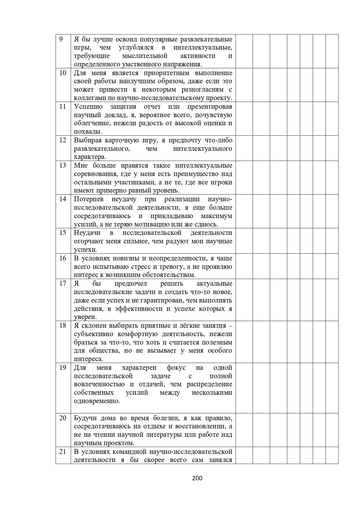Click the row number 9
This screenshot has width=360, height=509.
[61, 39]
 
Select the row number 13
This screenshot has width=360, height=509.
[63, 166]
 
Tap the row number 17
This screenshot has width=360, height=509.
[63, 284]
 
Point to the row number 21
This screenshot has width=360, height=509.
[63, 452]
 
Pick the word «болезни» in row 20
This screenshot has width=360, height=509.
[169, 418]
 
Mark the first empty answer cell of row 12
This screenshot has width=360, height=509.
[244, 148]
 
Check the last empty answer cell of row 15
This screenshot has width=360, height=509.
[332, 241]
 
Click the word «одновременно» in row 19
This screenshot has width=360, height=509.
[97, 401]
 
